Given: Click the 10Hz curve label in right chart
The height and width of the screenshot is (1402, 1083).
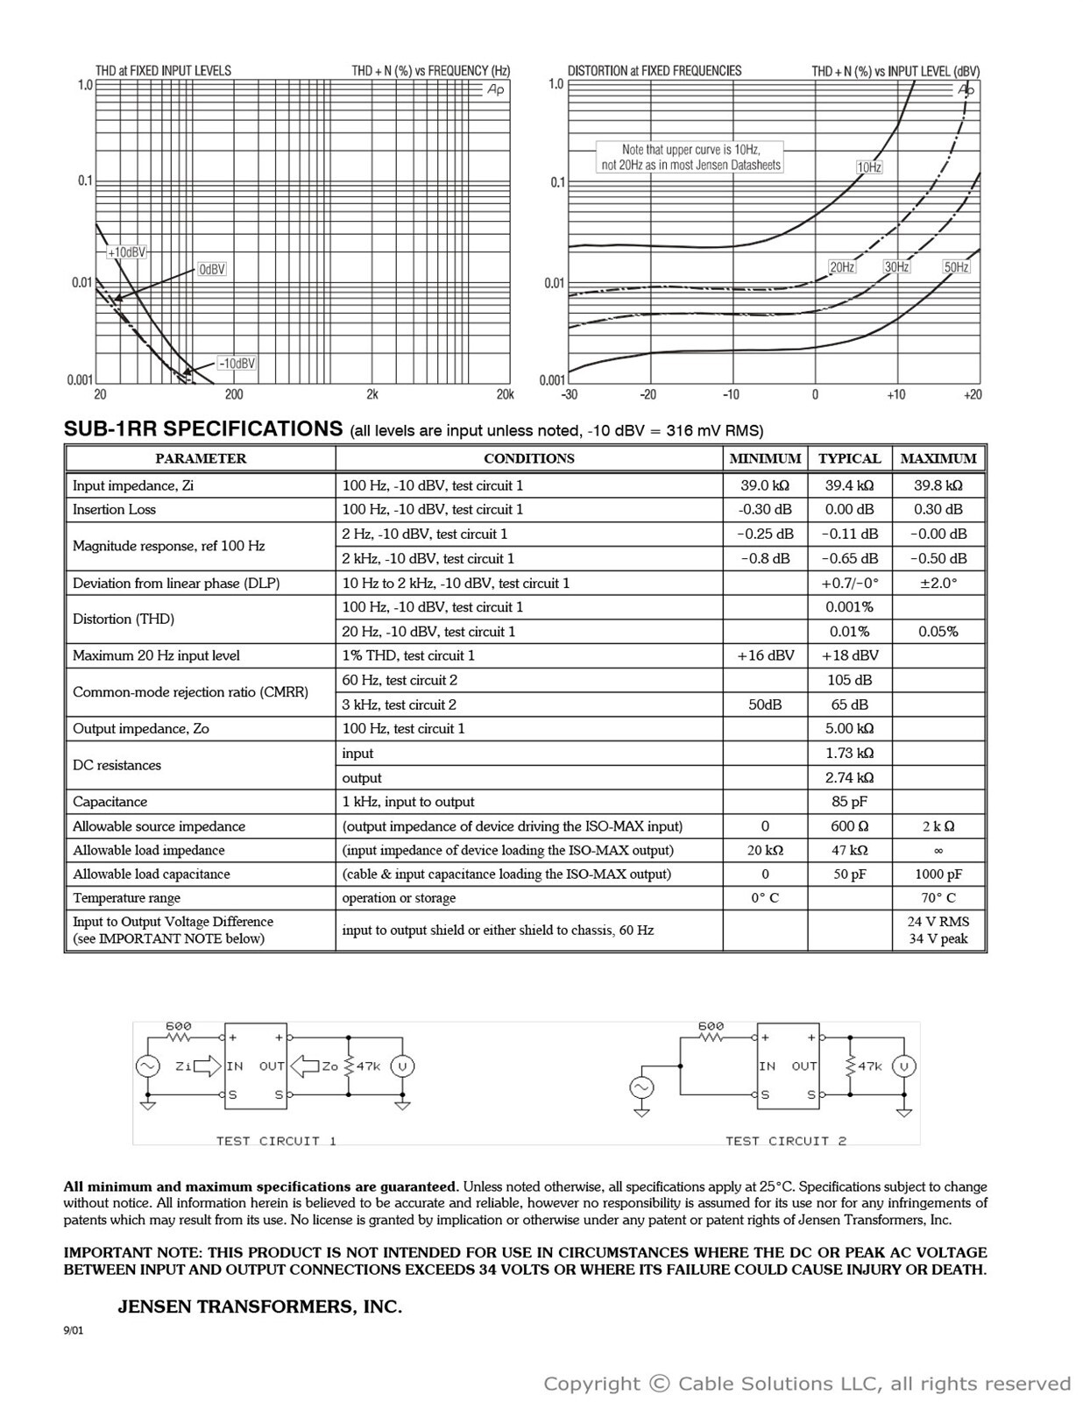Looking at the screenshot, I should pos(868,166).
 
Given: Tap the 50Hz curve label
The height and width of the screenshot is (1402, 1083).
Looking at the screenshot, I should pos(956,267).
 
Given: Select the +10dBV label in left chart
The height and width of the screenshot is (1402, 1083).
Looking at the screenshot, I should pos(127,252).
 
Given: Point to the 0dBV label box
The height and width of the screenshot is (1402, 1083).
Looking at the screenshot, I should pos(211,269).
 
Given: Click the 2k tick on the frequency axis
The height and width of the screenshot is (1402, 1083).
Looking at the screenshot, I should pos(372,394).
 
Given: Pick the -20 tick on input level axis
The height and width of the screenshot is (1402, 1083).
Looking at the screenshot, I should pos(648,394).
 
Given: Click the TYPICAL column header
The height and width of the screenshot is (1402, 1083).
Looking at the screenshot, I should pos(849,458).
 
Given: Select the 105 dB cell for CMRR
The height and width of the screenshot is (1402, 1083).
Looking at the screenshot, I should pos(849,680).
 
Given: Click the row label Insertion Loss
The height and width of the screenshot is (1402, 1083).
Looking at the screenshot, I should pos(114,509).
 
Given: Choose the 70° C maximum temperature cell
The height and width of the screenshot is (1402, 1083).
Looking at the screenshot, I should pos(938,898).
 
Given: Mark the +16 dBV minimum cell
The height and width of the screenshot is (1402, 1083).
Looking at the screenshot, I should pos(765,655).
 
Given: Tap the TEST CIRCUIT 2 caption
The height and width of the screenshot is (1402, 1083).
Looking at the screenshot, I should pos(786,1141).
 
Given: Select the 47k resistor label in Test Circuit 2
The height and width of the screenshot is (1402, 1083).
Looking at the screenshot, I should pos(870,1066).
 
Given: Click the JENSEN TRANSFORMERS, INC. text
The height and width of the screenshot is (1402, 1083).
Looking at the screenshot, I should pos(259,1306).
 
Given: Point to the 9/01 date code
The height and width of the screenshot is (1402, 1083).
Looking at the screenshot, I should pos(73,1331).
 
